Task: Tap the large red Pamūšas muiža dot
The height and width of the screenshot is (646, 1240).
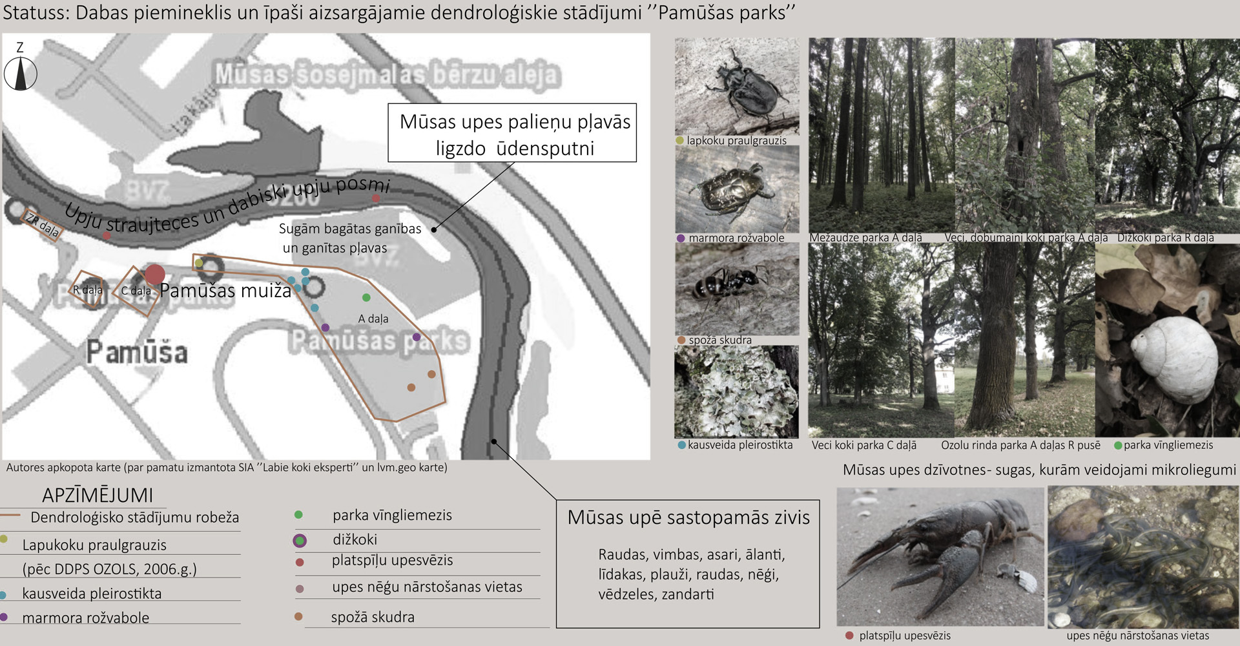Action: [x=154, y=275]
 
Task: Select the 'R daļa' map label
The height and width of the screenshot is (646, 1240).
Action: [x=87, y=290]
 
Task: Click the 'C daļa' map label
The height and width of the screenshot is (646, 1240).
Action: [x=136, y=291]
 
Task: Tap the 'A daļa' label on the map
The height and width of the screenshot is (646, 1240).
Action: [x=373, y=318]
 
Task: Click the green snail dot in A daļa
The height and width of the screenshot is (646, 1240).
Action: [x=366, y=298]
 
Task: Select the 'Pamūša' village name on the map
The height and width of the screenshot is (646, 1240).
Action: [x=137, y=353]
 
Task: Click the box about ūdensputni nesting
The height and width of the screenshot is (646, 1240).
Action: [x=512, y=133]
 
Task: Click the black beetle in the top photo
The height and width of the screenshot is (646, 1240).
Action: [x=749, y=87]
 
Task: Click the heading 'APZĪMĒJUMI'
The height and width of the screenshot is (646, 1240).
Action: [x=98, y=495]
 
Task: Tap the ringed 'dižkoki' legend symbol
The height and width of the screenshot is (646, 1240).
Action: [x=300, y=541]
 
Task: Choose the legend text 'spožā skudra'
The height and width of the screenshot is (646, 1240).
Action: [x=373, y=617]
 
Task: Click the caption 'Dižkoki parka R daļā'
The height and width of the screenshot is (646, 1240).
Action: [x=1165, y=238]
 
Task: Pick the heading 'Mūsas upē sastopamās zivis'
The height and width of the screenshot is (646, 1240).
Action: [x=688, y=517]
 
